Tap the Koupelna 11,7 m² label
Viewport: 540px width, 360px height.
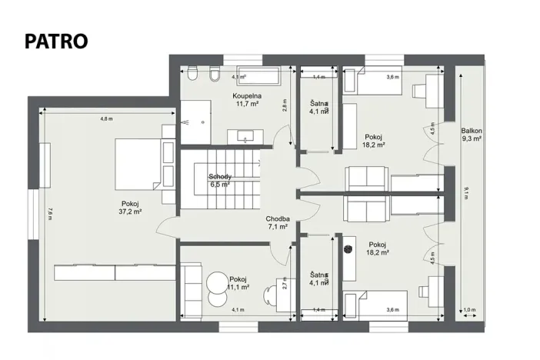click(246, 99)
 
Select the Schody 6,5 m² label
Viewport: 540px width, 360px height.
click(220, 180)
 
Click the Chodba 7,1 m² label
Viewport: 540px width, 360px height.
click(277, 222)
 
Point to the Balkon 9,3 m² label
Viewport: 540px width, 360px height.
click(471, 135)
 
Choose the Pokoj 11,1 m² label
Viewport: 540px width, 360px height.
click(238, 282)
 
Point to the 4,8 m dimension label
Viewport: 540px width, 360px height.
click(106, 118)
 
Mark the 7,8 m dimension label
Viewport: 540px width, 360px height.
click(48, 215)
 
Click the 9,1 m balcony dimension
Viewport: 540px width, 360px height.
click(465, 192)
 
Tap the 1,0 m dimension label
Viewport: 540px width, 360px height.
click(470, 309)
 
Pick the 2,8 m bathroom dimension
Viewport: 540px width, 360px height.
click(284, 106)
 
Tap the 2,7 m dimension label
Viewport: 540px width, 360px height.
click(284, 284)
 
